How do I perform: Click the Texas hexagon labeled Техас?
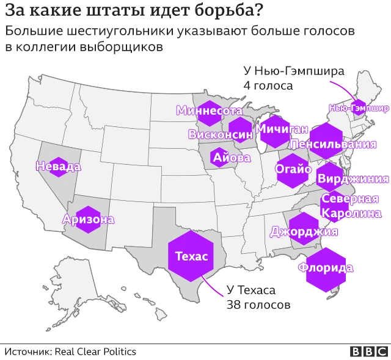(191, 256)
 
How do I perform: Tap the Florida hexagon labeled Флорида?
(325, 268)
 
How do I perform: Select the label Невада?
(58, 166)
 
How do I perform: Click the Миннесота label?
(209, 110)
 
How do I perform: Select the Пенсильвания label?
(333, 145)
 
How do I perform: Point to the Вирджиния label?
(353, 179)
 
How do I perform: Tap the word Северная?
(350, 200)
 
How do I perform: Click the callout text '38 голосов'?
(258, 304)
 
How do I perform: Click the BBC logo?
(368, 351)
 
